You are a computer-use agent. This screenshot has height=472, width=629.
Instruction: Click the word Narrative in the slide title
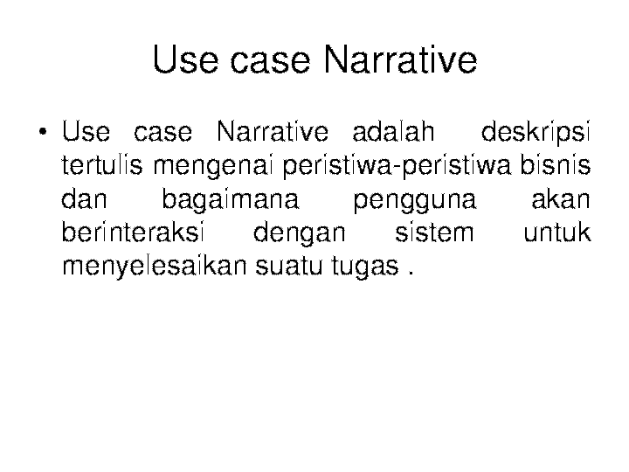[400, 61]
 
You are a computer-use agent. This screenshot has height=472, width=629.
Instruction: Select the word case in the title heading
[273, 61]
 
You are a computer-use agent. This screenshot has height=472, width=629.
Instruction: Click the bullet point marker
[42, 135]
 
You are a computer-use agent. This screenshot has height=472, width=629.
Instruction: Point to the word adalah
[391, 133]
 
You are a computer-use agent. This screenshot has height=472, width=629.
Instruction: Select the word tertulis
[104, 165]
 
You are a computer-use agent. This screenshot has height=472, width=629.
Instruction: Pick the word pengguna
[415, 199]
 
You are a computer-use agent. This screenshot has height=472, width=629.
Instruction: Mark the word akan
[561, 199]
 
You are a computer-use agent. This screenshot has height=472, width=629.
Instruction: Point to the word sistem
[434, 233]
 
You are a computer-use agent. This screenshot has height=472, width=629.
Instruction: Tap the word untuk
[556, 233]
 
